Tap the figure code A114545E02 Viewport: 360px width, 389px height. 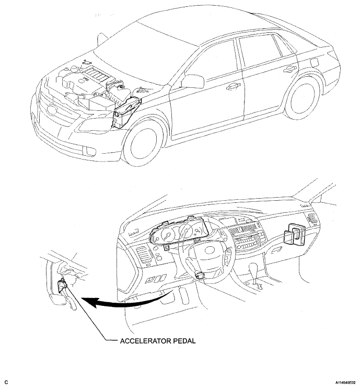(341, 383)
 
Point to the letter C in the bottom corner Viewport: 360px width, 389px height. (5, 383)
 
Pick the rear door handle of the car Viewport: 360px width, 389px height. (288, 68)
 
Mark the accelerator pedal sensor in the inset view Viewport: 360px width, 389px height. (63, 287)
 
